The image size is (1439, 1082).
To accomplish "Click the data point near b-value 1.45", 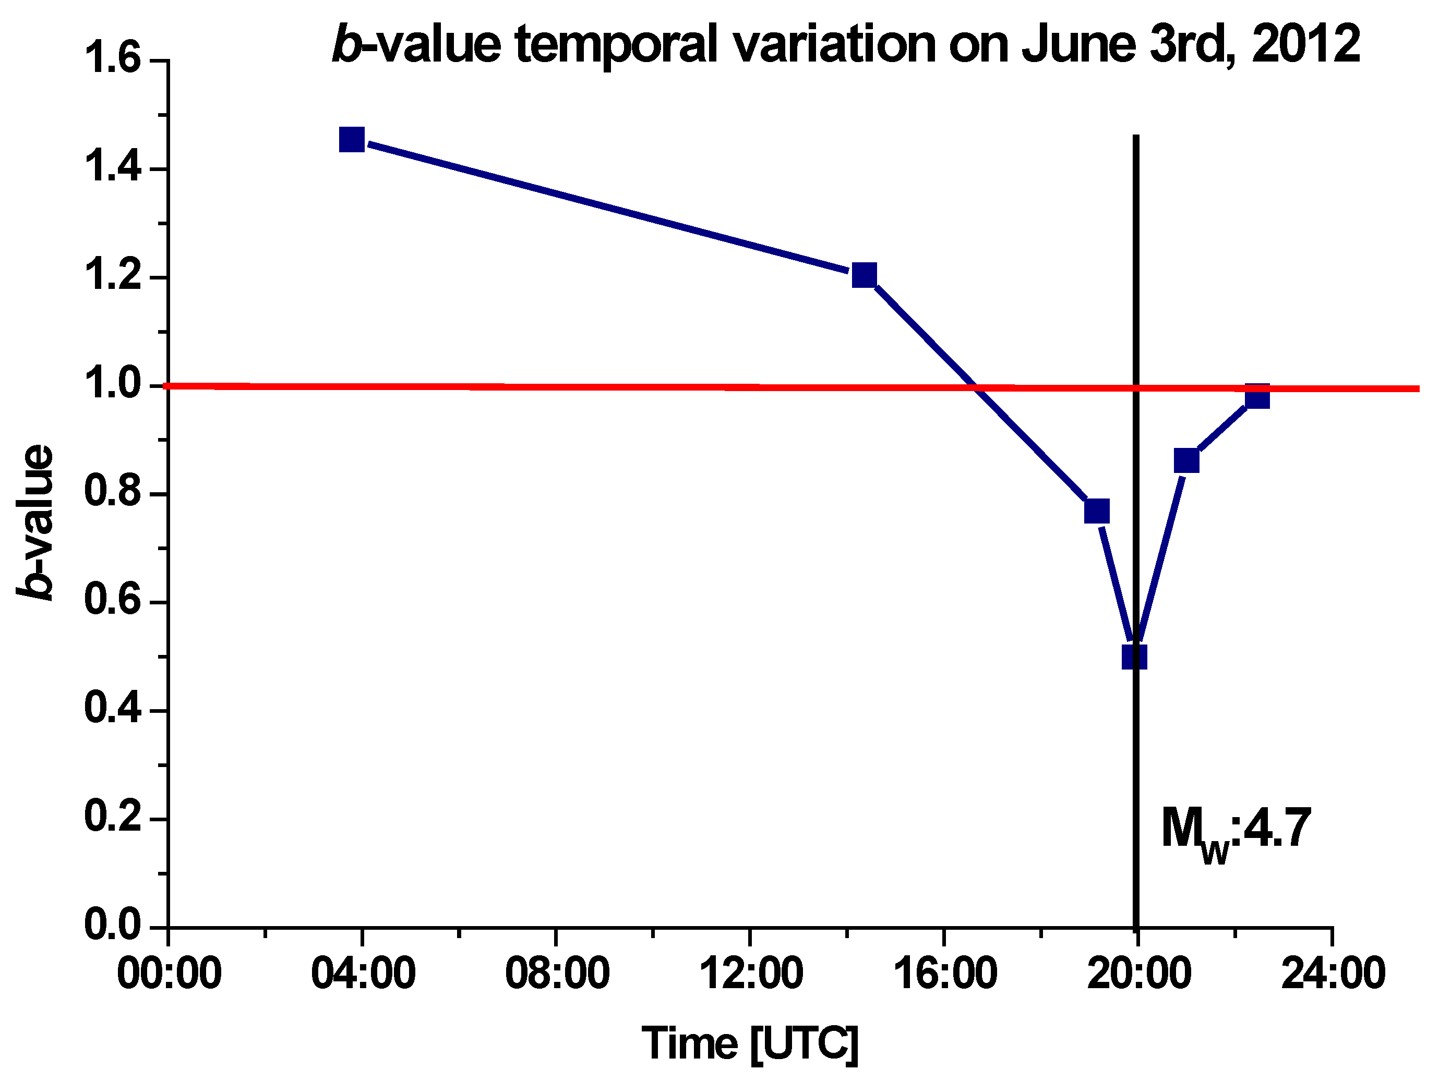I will [x=352, y=140].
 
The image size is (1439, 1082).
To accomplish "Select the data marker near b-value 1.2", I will [x=864, y=275].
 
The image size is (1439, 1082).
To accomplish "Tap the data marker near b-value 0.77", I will [x=1097, y=511].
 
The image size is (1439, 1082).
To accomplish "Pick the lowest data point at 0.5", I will [x=1134, y=658].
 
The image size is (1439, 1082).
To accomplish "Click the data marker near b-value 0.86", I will [x=1186, y=460].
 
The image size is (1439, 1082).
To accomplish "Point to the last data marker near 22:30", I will [x=1257, y=396].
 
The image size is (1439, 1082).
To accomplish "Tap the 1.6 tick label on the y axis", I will [x=113, y=60].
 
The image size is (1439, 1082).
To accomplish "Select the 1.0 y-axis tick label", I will [x=113, y=385].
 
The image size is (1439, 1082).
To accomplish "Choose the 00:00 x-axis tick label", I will [x=169, y=975].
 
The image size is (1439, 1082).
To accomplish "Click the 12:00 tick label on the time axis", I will [x=751, y=975].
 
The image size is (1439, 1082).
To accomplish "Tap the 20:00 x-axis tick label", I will [x=1138, y=975].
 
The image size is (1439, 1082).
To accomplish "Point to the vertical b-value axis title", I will [x=36, y=522].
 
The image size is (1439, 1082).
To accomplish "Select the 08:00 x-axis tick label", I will [x=557, y=975].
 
